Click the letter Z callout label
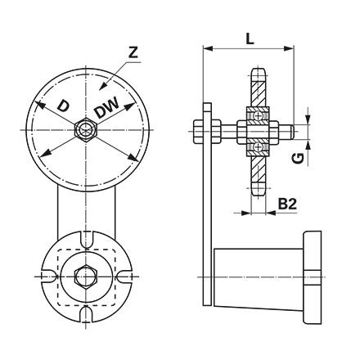pos(133,53)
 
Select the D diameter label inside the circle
pos(64,106)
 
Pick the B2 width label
pos(286,203)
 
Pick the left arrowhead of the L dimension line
pos(205,50)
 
